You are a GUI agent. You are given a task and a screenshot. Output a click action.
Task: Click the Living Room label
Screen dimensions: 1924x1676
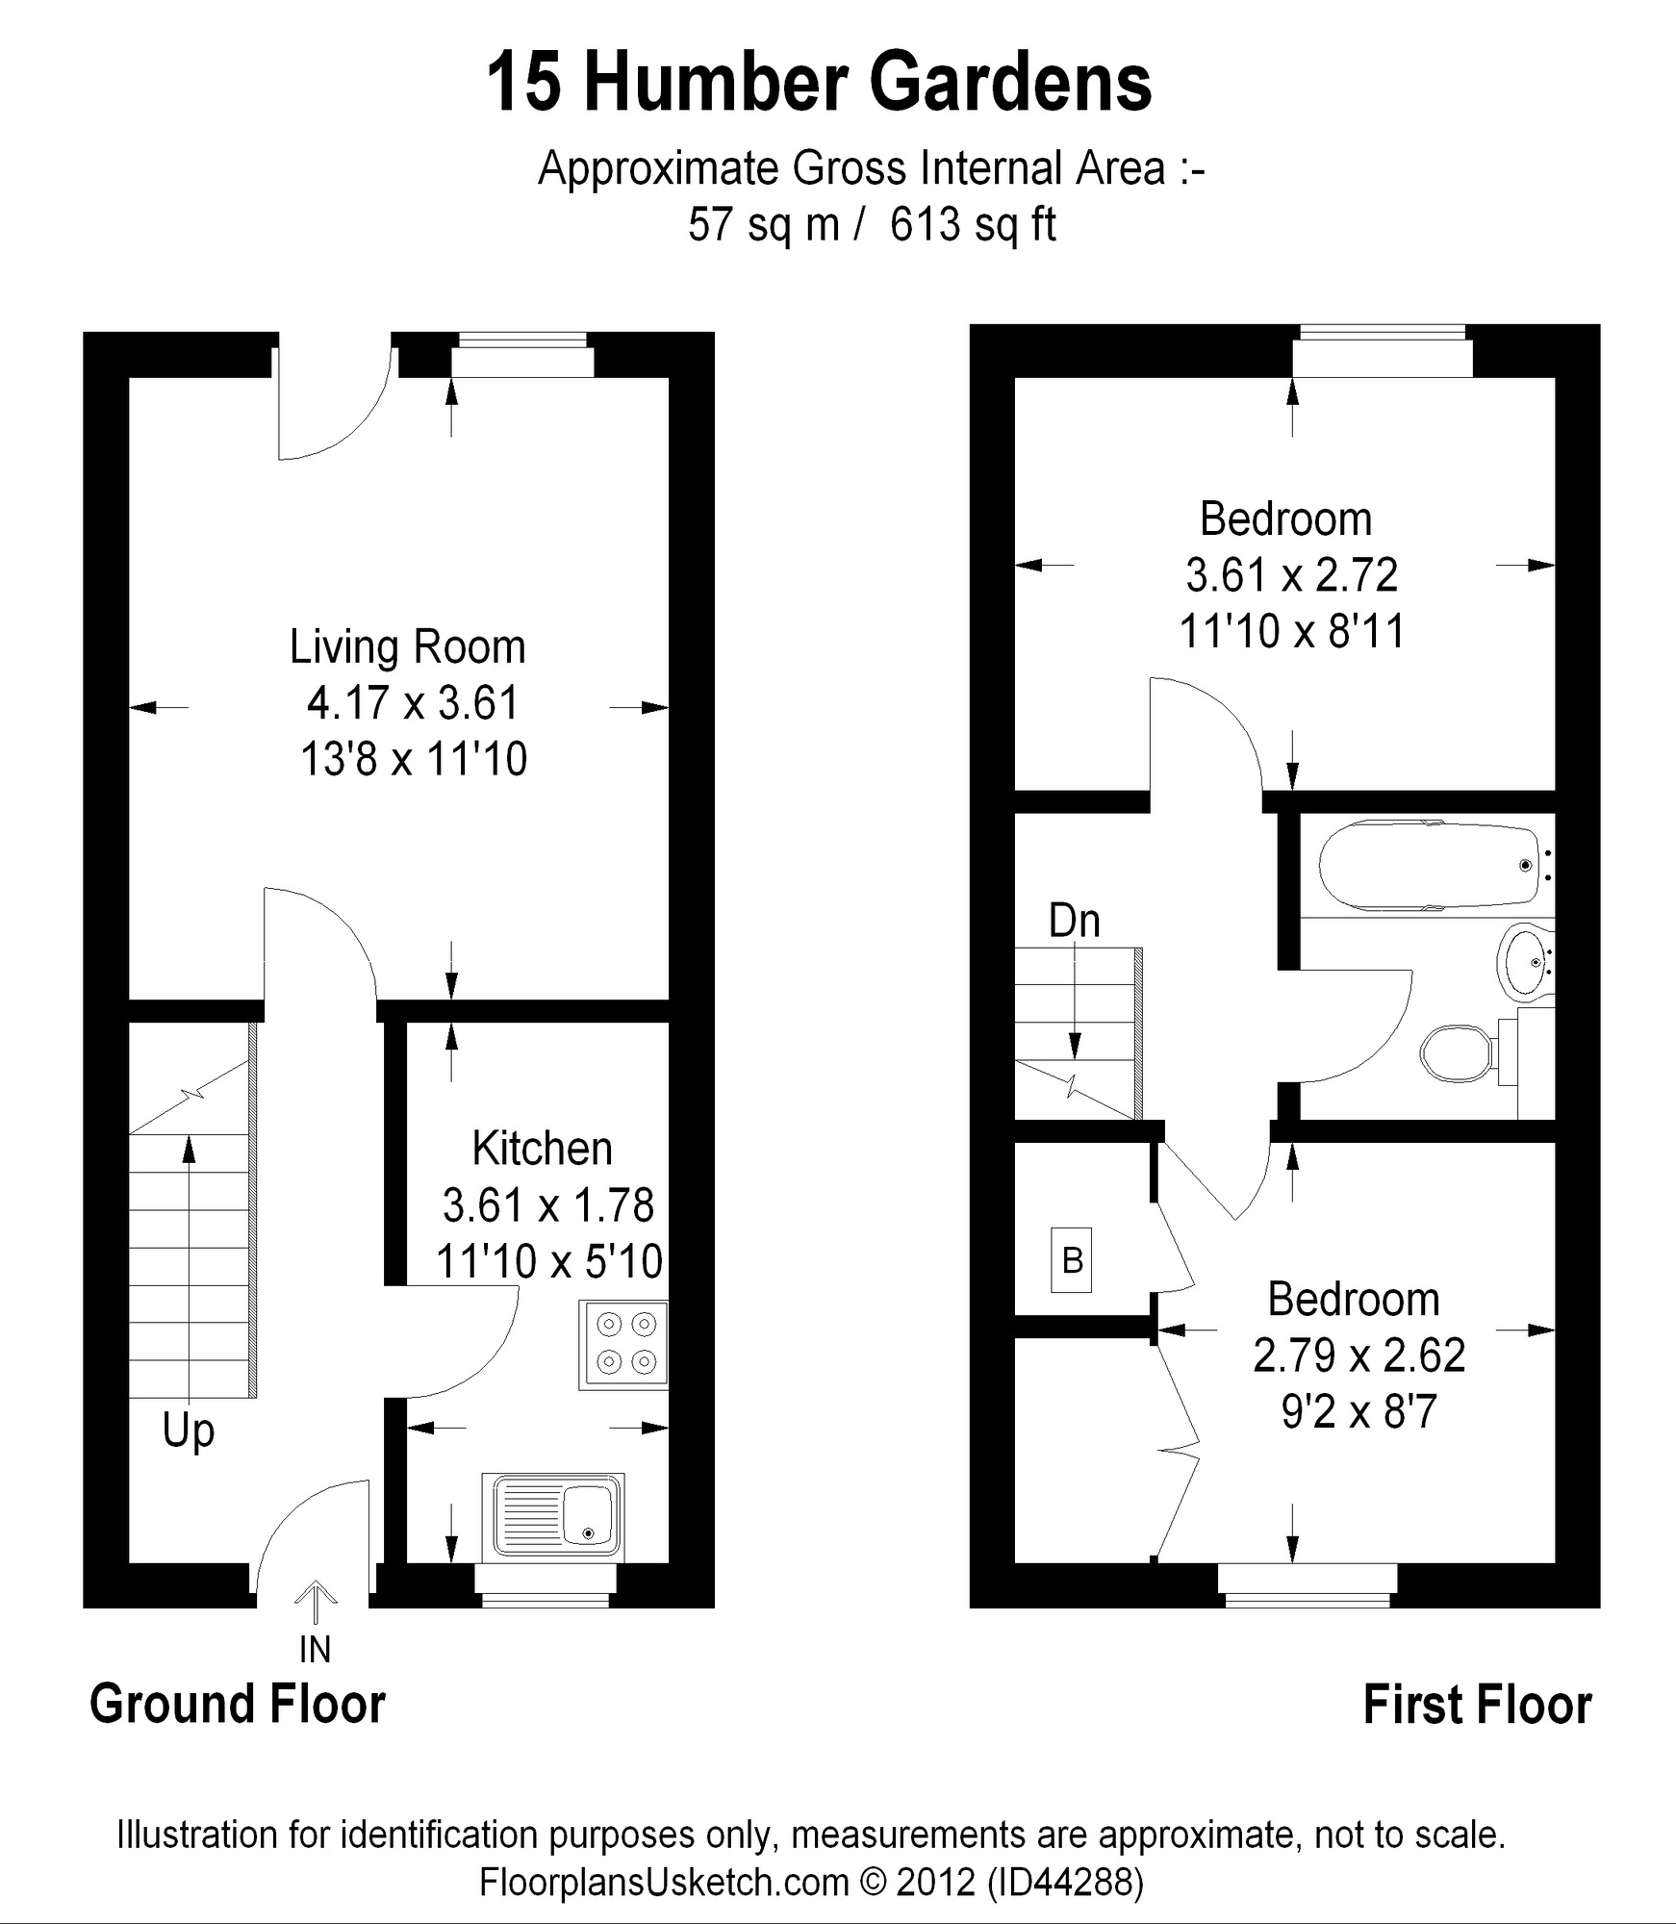407,647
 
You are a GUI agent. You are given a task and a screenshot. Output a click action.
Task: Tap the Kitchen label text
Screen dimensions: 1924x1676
542,1149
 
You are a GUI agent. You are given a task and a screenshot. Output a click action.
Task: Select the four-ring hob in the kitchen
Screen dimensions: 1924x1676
623,1345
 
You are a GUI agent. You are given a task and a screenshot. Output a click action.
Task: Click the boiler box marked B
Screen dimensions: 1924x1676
1071,1259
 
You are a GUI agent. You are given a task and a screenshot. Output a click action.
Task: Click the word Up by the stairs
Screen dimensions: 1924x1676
188,1430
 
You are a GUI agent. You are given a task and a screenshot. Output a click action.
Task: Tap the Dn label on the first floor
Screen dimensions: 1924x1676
1074,921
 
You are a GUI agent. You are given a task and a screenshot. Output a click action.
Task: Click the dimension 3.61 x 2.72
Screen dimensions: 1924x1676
1291,575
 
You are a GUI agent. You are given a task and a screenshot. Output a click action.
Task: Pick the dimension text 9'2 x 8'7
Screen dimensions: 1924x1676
1359,1412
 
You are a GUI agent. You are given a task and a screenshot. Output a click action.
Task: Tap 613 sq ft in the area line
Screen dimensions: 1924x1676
973,224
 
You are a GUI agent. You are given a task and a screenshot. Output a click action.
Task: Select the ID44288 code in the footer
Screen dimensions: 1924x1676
1066,1882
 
